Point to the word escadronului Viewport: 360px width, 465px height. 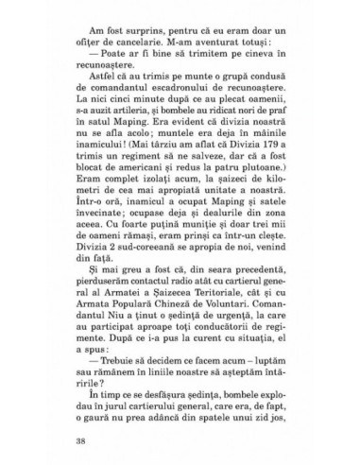(180, 116)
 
